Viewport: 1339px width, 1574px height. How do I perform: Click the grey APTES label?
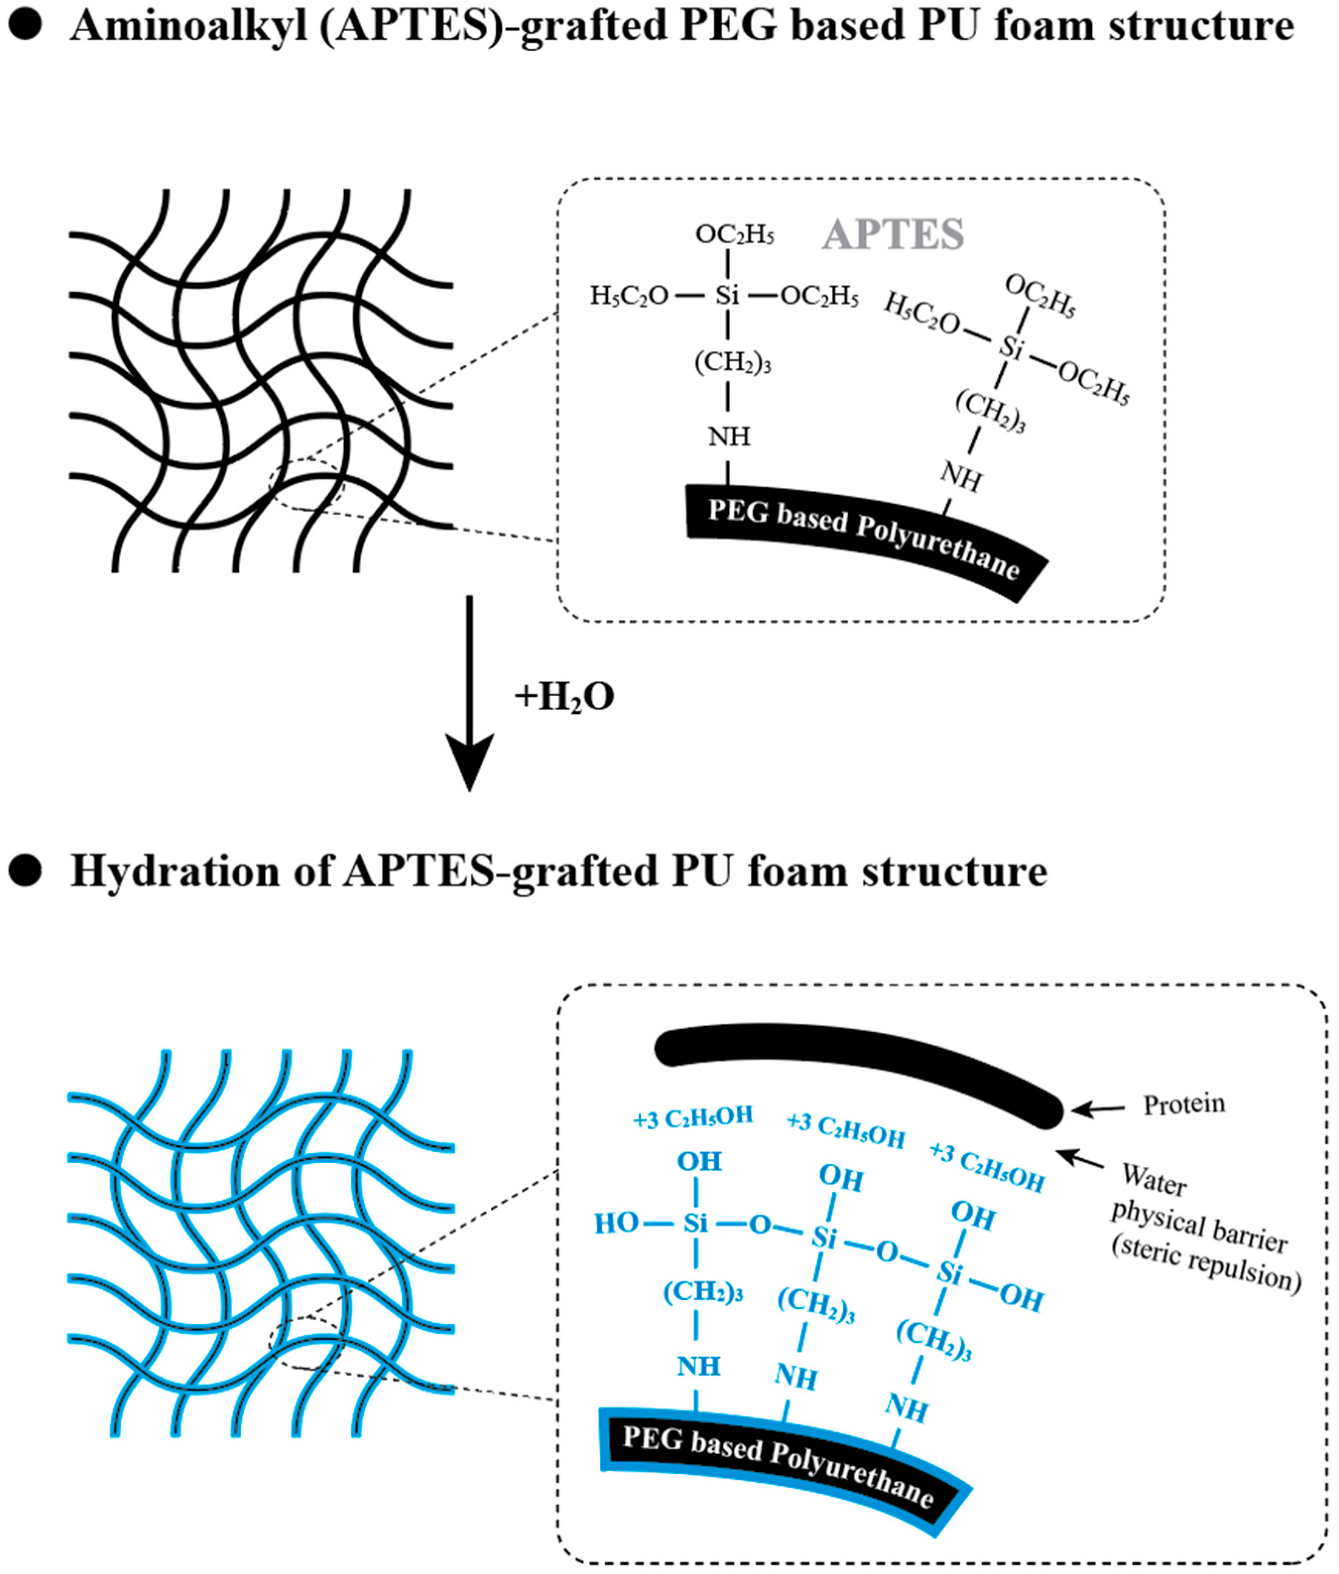[894, 234]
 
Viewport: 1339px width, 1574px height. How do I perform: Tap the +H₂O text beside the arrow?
[564, 697]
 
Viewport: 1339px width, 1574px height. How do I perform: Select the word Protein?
[1184, 1104]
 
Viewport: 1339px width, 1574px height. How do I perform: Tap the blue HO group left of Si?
[615, 1224]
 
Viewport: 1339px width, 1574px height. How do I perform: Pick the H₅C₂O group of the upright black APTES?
[629, 295]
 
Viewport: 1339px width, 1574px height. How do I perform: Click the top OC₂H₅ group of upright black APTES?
[734, 234]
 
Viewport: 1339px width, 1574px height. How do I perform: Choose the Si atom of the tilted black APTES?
[1010, 348]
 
